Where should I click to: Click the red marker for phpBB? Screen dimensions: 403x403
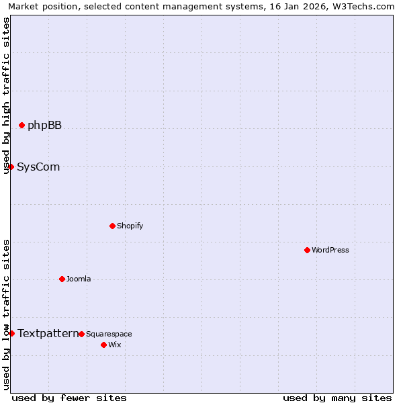21,125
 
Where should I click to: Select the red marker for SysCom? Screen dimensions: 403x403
11,167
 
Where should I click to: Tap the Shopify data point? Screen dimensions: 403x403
112,226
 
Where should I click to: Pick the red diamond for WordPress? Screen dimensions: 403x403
307,250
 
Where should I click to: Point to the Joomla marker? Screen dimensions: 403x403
62,279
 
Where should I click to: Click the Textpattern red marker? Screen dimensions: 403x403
11,333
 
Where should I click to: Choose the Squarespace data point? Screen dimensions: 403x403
81,334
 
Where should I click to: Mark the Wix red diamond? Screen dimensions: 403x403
103,345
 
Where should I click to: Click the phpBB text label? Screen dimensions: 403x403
44,125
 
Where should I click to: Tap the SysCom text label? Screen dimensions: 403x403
38,167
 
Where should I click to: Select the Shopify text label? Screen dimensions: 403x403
130,226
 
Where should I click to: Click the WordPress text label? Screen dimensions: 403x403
330,250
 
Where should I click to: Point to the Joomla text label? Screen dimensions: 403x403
79,279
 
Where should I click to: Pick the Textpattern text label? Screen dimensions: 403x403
48,333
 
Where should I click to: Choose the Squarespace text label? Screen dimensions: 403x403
109,334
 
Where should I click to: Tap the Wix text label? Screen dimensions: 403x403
115,345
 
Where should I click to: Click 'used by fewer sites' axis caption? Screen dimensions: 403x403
69,398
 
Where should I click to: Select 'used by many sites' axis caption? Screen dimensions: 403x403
337,398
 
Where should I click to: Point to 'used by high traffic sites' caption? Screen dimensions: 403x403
6,95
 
